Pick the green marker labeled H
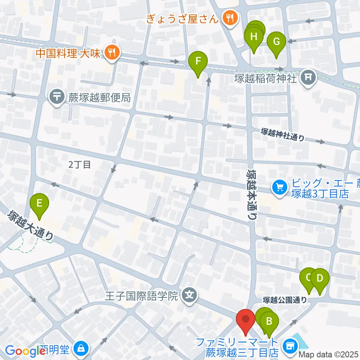(x=254, y=37)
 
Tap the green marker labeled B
(x=269, y=322)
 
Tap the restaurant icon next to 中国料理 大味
(x=111, y=52)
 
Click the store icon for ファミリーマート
(x=290, y=345)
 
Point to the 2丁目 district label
(x=80, y=164)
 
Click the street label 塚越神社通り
(x=283, y=135)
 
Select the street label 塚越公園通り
(x=285, y=300)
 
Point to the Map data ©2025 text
(x=328, y=354)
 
